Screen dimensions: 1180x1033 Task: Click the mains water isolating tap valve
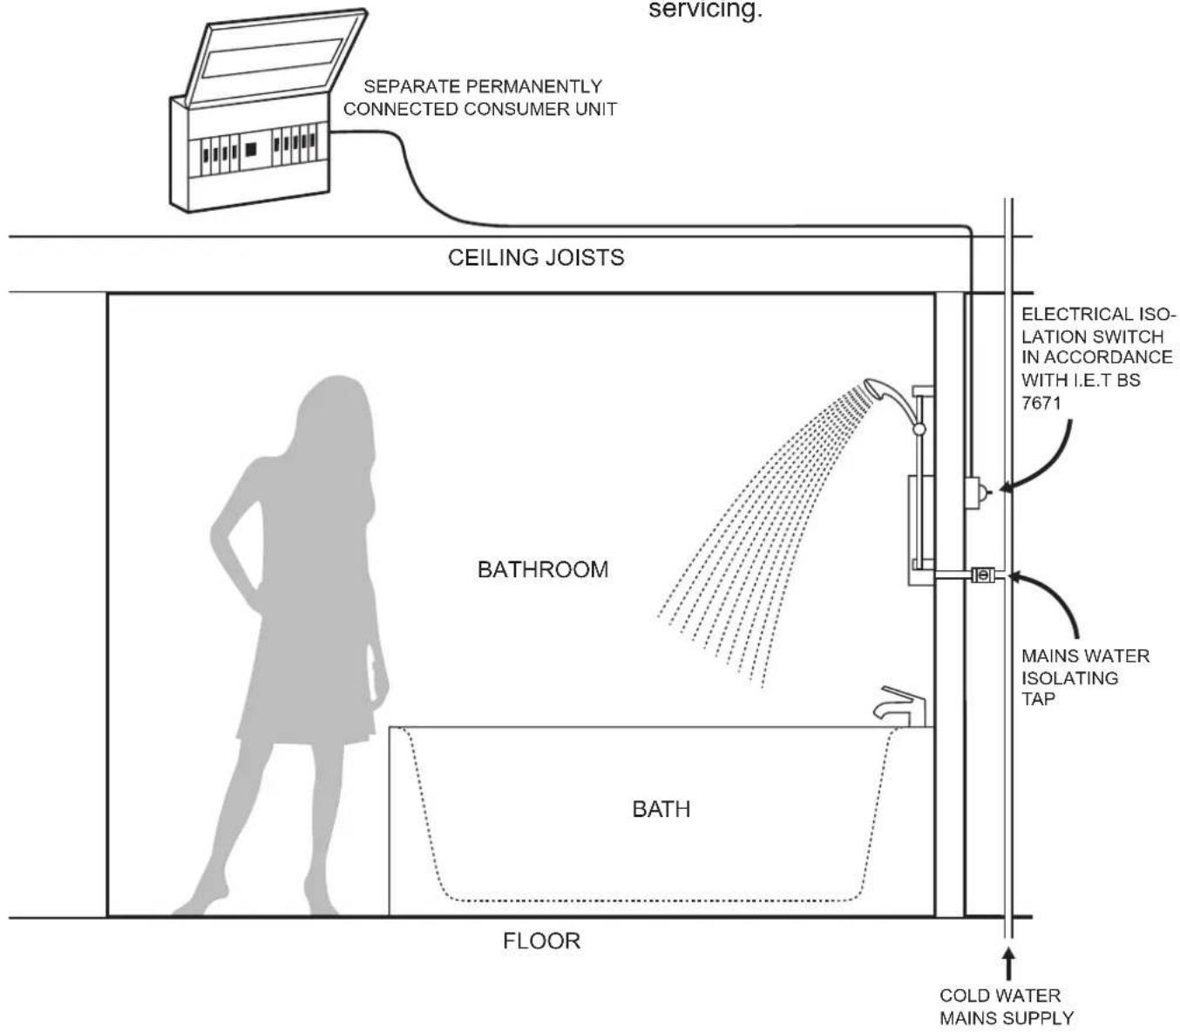point(983,574)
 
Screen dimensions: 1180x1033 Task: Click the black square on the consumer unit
point(250,149)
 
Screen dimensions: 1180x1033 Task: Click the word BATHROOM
point(543,569)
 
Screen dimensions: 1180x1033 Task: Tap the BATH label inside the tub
point(661,809)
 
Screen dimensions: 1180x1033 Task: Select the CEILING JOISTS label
point(536,257)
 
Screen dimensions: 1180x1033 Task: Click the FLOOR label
point(541,941)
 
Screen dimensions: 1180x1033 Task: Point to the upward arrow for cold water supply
point(1008,964)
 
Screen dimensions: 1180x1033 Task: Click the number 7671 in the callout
point(1041,403)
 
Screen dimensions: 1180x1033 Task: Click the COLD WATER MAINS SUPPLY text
point(1007,1007)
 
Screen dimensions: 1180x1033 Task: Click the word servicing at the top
point(705,10)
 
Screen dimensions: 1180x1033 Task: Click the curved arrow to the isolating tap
point(1058,594)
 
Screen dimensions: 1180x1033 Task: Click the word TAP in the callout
point(1038,698)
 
